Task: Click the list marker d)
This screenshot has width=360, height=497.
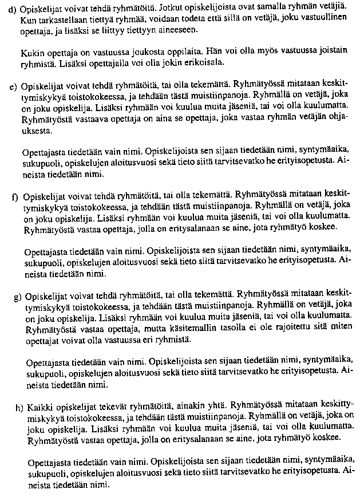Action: coord(13,11)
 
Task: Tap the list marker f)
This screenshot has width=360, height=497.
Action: coord(14,197)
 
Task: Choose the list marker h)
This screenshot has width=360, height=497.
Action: coord(19,408)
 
